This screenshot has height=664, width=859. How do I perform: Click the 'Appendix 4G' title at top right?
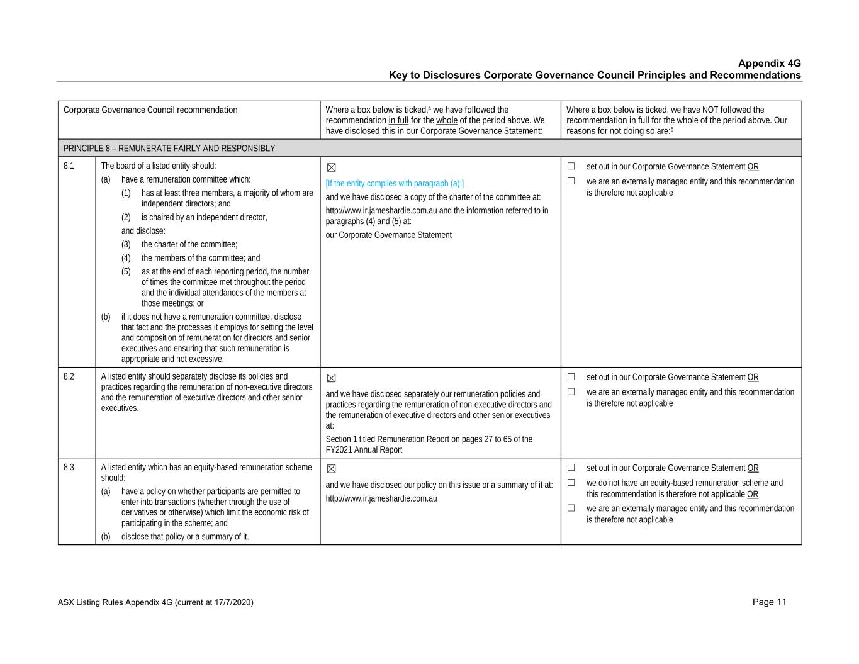coord(769,64)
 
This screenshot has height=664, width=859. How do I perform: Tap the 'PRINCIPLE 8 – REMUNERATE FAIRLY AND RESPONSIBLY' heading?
coord(169,149)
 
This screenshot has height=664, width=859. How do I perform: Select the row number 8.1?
coord(69,166)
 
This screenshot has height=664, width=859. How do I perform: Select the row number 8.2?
coord(69,376)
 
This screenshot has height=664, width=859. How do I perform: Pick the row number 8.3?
coord(69,467)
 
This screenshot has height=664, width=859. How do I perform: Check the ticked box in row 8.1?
coord(332,167)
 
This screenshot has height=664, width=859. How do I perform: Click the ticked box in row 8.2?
coord(332,378)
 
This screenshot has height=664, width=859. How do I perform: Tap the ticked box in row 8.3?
coord(332,469)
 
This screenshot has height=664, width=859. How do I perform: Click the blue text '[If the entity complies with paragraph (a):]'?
coord(395,184)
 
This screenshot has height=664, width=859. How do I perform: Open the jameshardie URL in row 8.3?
coord(381,498)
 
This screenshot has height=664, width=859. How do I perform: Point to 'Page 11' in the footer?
coord(769,602)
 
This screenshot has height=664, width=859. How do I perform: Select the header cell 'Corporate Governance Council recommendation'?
coord(150,110)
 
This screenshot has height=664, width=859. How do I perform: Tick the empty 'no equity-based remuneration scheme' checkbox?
coord(571,483)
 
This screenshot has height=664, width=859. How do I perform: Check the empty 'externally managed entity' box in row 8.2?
coord(571,391)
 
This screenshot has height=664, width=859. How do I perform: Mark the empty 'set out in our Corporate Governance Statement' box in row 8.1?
coord(571,166)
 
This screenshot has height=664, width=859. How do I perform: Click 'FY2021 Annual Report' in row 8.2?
coord(364,450)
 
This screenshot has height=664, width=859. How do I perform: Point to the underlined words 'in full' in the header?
coord(398,120)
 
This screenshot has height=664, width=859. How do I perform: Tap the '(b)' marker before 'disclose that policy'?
coord(106,537)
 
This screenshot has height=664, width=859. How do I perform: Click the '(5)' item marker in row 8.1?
coord(126,272)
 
